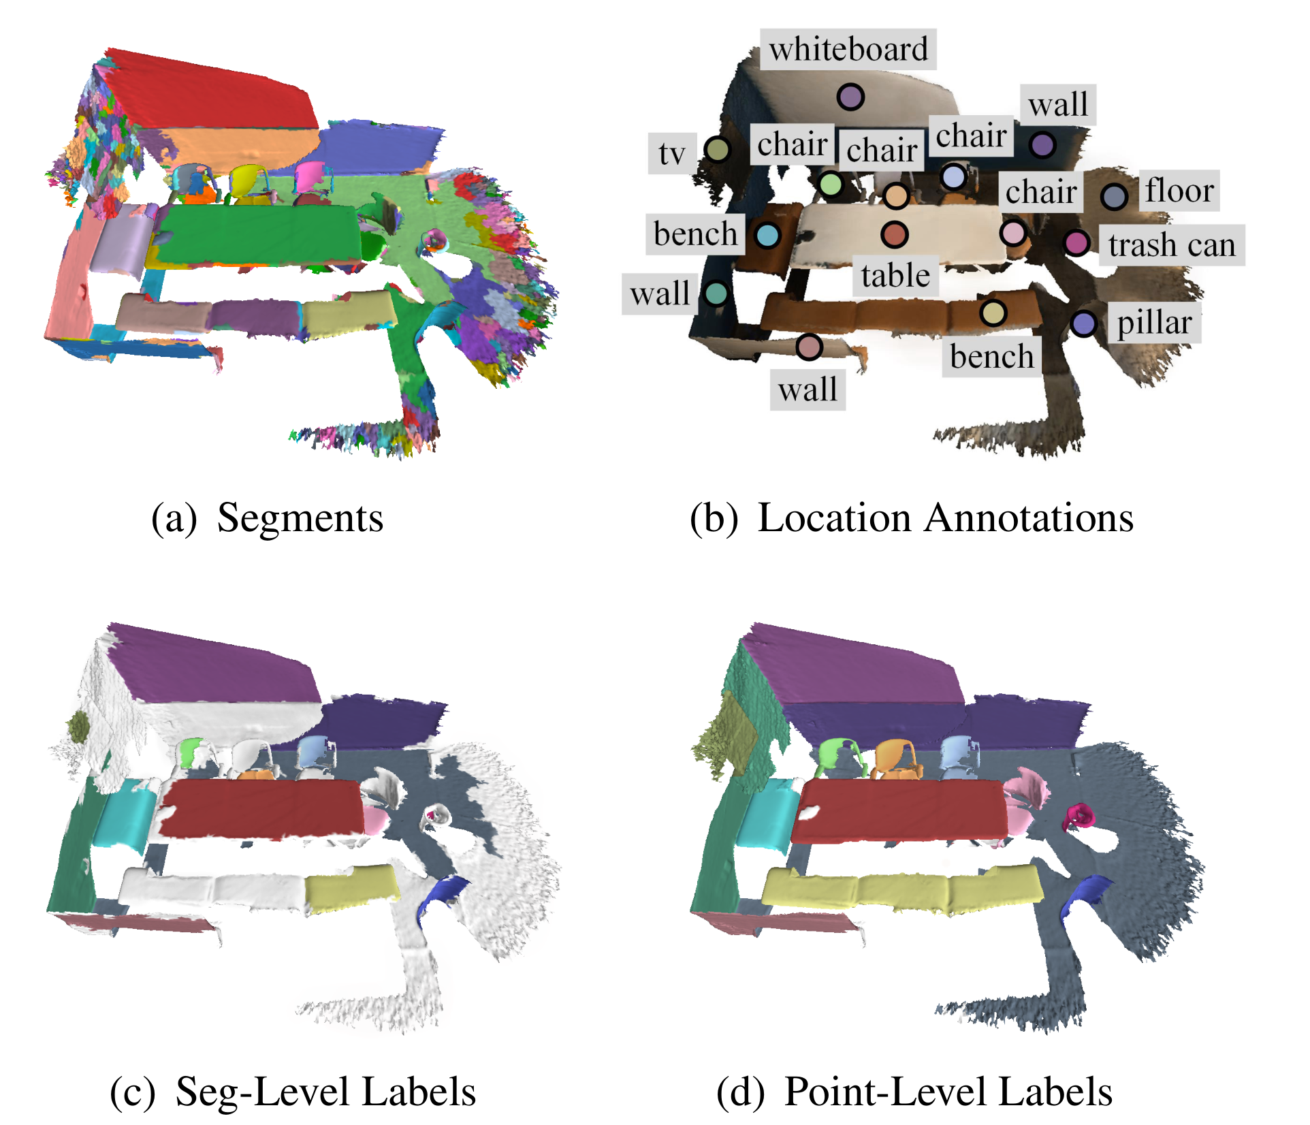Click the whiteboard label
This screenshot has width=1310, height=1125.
click(848, 49)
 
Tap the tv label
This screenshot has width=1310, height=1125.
click(671, 153)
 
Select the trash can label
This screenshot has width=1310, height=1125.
click(1171, 245)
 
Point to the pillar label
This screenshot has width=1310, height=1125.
click(1154, 323)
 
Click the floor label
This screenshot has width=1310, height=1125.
click(1179, 191)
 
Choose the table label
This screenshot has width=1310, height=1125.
click(895, 276)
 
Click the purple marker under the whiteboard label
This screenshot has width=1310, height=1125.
click(850, 97)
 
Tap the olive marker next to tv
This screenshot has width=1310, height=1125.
click(717, 149)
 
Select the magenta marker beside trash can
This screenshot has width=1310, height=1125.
click(1076, 242)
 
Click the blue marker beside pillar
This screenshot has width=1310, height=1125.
click(1083, 323)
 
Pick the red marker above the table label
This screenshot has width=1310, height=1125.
click(894, 234)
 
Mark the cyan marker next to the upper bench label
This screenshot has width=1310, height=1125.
click(767, 235)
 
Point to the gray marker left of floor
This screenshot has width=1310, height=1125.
click(1114, 197)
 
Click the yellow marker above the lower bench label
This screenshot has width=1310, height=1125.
click(993, 313)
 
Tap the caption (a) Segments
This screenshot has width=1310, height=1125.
click(267, 518)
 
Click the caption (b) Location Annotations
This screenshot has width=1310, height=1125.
click(911, 518)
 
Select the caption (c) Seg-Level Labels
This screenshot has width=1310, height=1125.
click(293, 1092)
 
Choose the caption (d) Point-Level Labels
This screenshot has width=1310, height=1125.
click(914, 1092)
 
